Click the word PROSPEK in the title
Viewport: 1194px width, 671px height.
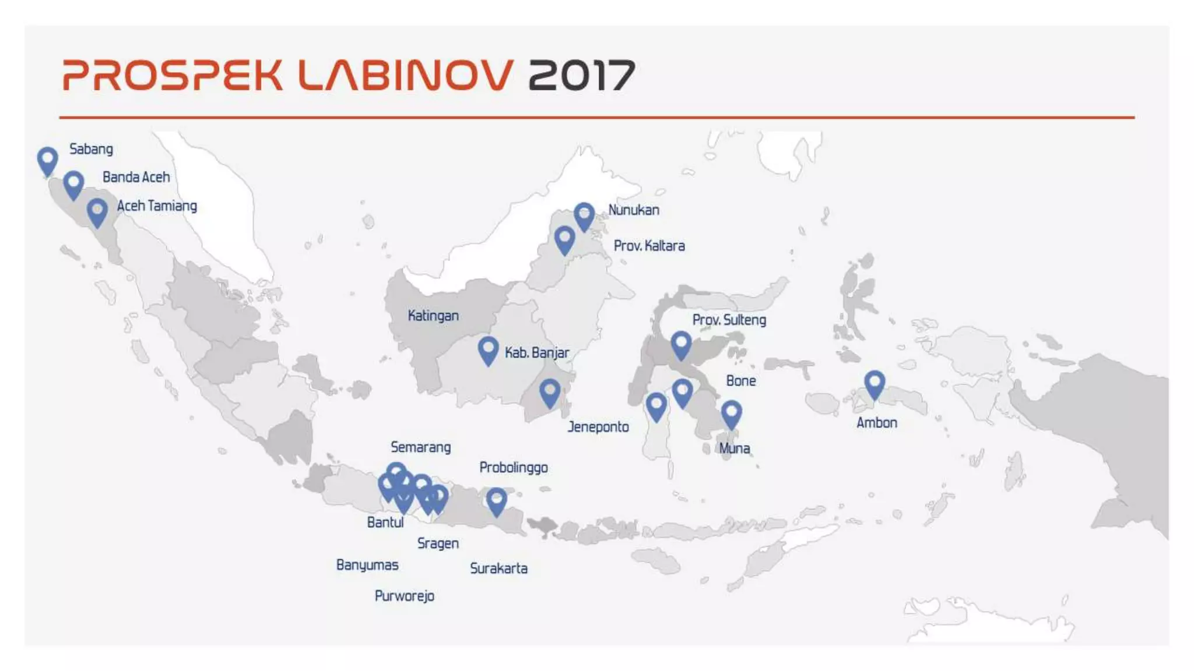tap(173, 75)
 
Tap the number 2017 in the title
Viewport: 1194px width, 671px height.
tap(581, 75)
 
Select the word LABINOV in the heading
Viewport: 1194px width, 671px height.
tap(406, 75)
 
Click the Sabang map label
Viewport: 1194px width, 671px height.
tap(91, 149)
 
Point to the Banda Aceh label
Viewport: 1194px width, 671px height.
tap(136, 177)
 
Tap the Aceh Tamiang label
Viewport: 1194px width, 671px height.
tap(157, 206)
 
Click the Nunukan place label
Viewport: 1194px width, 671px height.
tap(634, 210)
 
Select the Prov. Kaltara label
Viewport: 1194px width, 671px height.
tap(649, 246)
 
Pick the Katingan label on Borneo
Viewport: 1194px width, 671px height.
tap(433, 316)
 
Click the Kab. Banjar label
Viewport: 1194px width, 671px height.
tap(536, 353)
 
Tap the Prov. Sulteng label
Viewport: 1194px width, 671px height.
tap(729, 320)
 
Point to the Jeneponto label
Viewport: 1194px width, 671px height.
tap(598, 427)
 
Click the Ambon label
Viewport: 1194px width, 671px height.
tap(876, 423)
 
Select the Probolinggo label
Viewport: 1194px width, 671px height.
tap(513, 468)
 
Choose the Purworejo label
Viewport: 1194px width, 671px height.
tap(404, 596)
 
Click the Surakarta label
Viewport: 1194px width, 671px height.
tap(498, 568)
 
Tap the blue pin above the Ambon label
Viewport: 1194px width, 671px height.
tap(874, 384)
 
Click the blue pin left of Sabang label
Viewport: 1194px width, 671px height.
tap(47, 160)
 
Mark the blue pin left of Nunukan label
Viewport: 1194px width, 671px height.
tap(584, 216)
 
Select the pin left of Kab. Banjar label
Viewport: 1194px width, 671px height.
tap(488, 349)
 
